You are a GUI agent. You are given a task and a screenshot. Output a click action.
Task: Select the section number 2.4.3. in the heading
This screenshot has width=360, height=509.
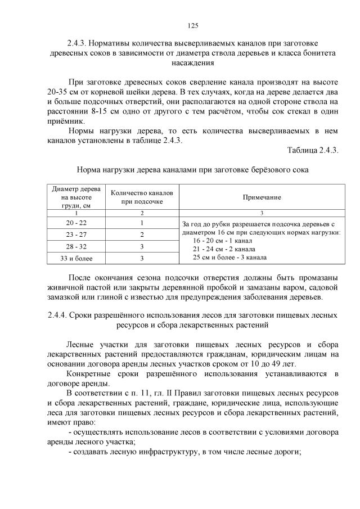pos(79,43)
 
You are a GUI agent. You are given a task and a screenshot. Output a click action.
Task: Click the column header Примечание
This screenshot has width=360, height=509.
pos(262,197)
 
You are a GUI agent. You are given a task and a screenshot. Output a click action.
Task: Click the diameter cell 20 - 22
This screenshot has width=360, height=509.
pos(76,223)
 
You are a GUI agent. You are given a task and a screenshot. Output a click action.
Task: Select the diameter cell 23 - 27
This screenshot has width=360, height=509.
pos(76,235)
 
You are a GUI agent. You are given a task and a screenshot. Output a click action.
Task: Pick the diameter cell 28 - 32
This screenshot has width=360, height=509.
pos(76,246)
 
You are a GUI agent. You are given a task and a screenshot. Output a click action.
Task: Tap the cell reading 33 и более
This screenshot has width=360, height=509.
pos(76,258)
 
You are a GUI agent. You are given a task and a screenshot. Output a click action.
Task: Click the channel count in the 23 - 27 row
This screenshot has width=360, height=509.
pos(142,235)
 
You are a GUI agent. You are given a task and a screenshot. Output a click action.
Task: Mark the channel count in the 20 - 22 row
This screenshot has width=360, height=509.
pos(142,223)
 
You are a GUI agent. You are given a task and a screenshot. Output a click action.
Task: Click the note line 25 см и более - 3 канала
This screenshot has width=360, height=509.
pos(229,257)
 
